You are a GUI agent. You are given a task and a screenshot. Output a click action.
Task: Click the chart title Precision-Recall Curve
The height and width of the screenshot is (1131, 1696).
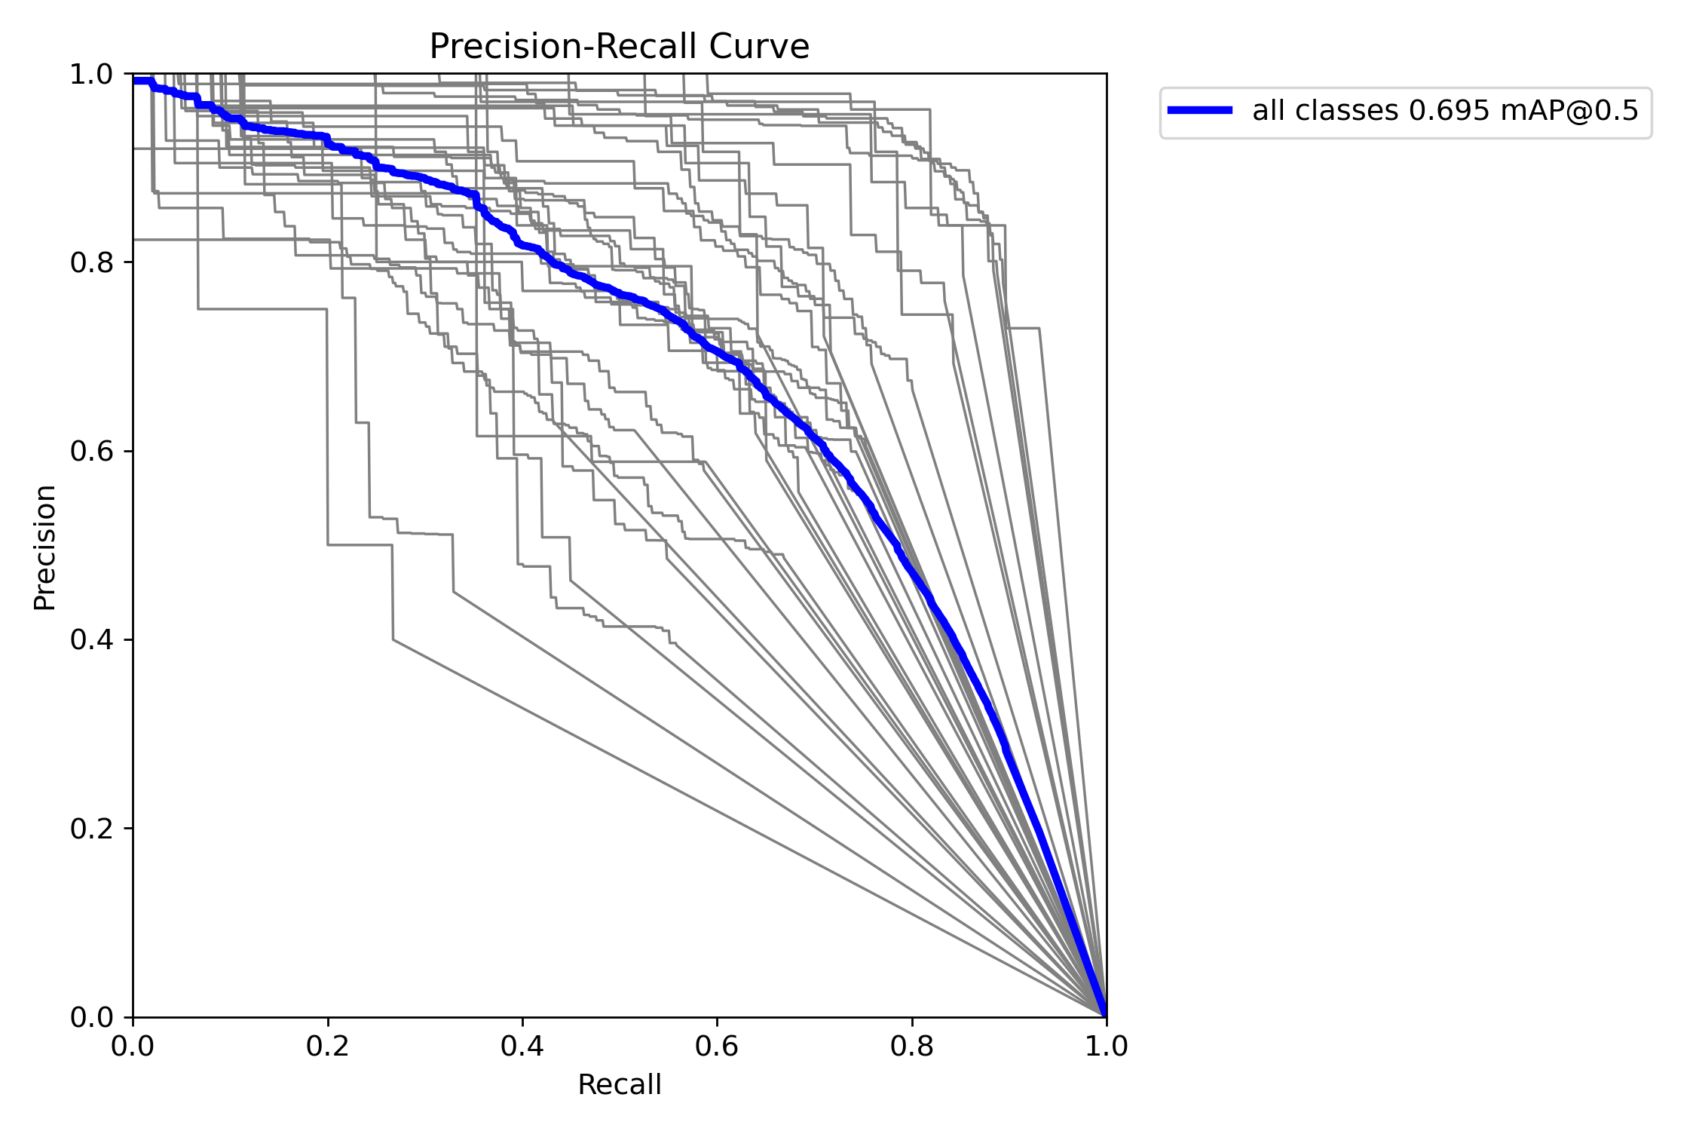619,47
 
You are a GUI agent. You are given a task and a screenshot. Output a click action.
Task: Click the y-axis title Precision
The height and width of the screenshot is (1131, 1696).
44,547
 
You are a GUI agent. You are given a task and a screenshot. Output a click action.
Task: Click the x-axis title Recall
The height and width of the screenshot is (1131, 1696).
619,1084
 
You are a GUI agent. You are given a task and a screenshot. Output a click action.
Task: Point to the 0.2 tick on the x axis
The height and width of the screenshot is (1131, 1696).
328,1046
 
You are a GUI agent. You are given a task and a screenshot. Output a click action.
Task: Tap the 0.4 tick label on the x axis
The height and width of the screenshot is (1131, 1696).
522,1046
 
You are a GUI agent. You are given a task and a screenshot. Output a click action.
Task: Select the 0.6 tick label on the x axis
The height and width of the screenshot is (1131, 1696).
717,1046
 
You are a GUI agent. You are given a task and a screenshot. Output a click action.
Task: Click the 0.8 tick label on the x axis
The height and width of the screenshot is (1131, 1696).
911,1046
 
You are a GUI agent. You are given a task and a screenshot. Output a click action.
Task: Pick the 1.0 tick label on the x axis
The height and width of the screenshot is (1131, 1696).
1106,1046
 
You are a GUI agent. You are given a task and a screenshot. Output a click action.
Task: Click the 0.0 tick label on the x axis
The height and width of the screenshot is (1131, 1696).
133,1046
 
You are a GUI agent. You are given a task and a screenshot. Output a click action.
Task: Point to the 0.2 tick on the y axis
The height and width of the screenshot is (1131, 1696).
91,829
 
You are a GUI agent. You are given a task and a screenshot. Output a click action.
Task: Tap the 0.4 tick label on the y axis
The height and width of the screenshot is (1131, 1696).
91,640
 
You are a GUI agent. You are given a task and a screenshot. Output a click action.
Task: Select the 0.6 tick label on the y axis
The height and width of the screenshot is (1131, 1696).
91,451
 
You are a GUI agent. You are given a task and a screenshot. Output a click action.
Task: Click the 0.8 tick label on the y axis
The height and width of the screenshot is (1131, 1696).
91,262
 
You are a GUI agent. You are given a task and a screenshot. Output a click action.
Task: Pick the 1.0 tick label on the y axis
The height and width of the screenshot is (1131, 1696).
91,74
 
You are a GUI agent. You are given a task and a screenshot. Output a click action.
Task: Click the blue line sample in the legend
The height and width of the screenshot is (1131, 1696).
1200,110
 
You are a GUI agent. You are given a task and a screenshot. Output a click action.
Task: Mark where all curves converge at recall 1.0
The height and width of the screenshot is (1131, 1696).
1105,1015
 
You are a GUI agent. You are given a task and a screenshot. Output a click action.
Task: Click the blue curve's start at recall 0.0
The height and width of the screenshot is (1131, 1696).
135,81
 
